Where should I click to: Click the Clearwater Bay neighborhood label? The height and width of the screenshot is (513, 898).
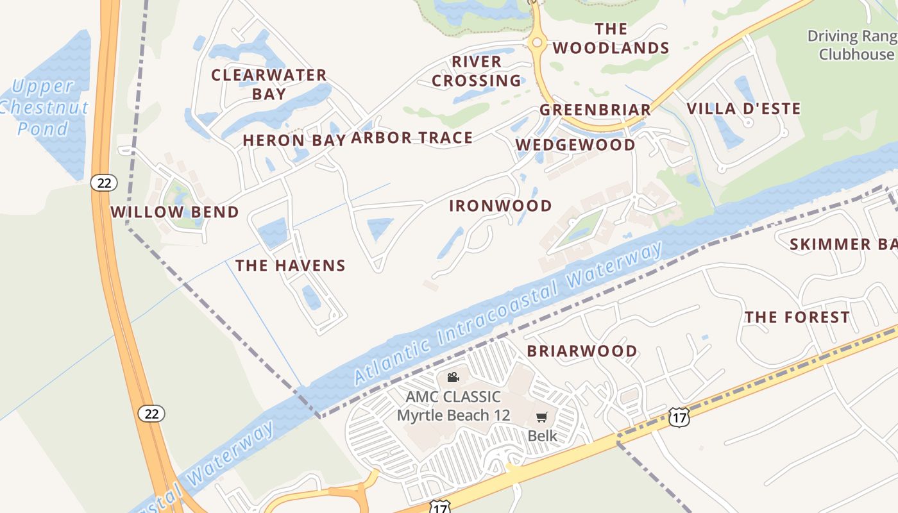(x=269, y=84)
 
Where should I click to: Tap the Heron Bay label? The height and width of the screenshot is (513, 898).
(x=294, y=140)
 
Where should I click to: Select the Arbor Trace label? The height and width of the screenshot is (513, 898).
(x=412, y=137)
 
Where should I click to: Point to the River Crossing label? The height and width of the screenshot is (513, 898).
(x=477, y=71)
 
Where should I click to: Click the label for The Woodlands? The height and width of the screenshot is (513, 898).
(x=611, y=38)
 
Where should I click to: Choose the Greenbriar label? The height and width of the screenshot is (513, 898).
(x=595, y=110)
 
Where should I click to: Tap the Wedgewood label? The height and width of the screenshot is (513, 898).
(x=575, y=145)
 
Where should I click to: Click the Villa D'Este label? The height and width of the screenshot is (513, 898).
(x=744, y=108)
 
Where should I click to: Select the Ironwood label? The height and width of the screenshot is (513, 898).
(x=500, y=206)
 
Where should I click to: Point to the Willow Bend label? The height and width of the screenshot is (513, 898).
(x=174, y=212)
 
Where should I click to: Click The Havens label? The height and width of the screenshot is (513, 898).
(x=290, y=265)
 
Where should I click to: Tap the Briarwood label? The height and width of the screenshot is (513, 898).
(x=582, y=351)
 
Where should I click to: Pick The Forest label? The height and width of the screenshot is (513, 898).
(x=797, y=317)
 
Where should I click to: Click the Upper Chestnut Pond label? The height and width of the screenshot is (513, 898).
(x=44, y=107)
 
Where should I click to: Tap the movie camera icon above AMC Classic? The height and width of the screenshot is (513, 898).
(x=453, y=377)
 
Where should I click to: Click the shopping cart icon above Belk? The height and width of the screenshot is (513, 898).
(x=542, y=417)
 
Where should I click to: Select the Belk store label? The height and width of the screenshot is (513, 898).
(x=542, y=436)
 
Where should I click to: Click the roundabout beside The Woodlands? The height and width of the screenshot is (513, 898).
(x=537, y=43)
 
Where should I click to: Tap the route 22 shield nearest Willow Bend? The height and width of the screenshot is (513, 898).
(x=104, y=183)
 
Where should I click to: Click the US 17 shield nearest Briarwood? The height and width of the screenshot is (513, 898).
(x=679, y=417)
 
